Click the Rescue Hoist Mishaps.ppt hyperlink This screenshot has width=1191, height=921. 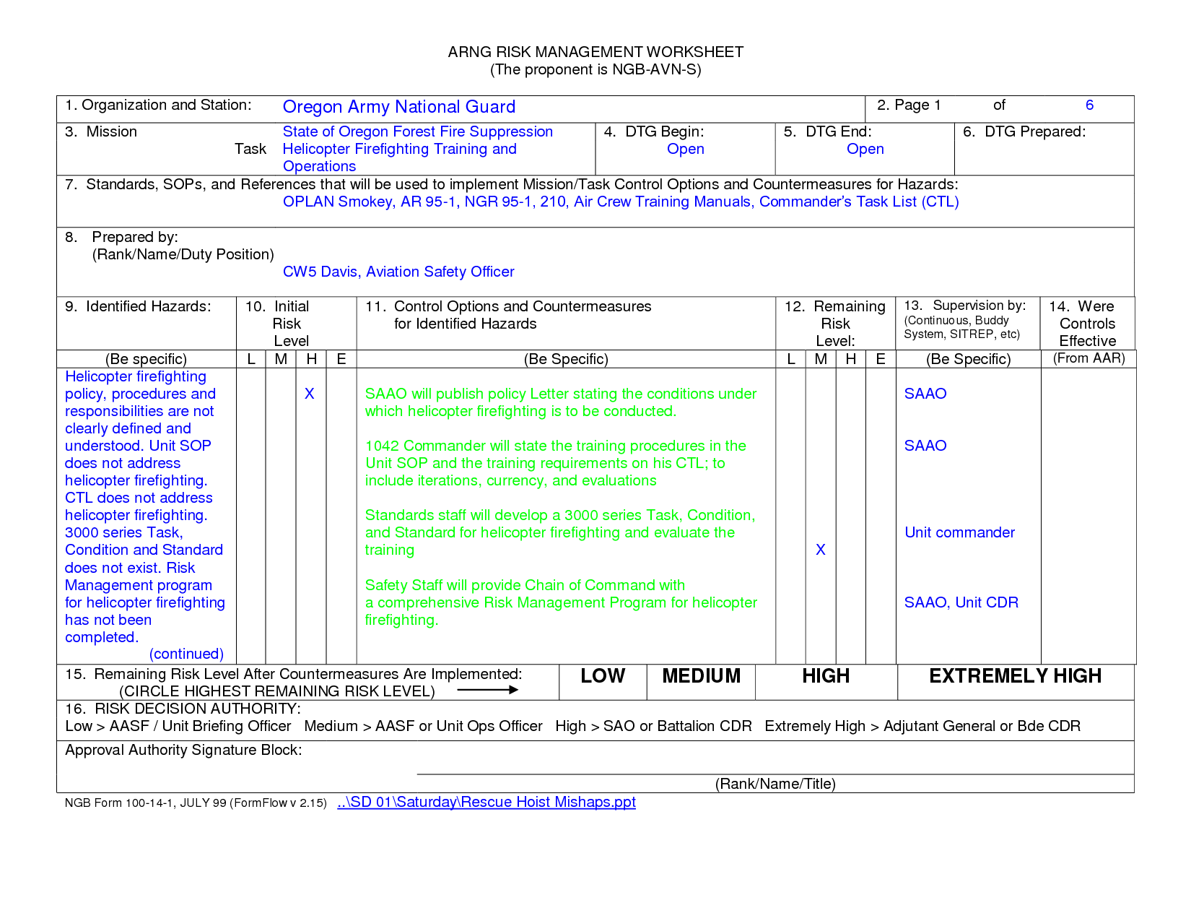point(487,802)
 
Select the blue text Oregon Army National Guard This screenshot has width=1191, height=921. point(398,107)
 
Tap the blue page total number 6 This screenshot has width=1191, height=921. point(1089,105)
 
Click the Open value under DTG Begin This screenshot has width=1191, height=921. point(685,149)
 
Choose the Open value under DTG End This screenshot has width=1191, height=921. point(865,149)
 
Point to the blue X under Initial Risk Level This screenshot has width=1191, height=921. point(309,394)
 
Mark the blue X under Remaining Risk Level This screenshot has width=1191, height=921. point(820,550)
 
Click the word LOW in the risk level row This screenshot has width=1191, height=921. point(603,676)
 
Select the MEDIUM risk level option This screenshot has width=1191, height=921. point(701,676)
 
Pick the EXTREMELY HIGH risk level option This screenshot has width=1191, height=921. point(1015,676)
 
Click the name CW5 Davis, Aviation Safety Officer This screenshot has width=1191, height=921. point(398,272)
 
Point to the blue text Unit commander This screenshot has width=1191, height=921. point(959,532)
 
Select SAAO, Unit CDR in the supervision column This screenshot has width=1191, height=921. point(961,602)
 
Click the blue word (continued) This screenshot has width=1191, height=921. point(186,654)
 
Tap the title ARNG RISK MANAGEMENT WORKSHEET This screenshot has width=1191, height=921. point(595,52)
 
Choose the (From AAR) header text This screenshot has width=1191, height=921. point(1089,358)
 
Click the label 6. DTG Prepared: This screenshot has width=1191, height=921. point(1024,131)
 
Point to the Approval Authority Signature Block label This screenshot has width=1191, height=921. point(183,750)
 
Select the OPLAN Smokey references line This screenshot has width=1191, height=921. point(621,202)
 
